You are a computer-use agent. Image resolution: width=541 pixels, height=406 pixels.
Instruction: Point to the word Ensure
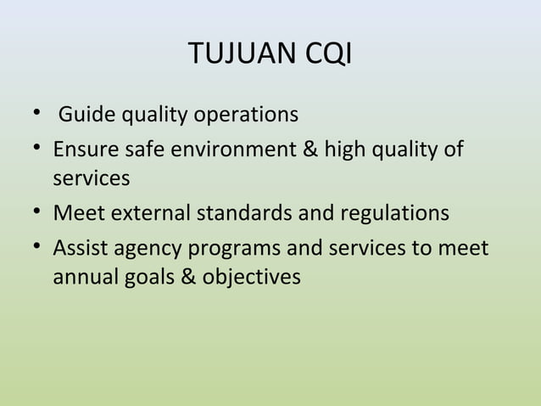click(x=83, y=150)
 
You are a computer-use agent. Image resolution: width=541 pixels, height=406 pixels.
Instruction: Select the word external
click(x=145, y=212)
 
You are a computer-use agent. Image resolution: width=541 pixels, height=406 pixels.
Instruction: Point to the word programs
click(x=231, y=251)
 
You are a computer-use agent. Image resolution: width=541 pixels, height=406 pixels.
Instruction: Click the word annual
click(x=85, y=277)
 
